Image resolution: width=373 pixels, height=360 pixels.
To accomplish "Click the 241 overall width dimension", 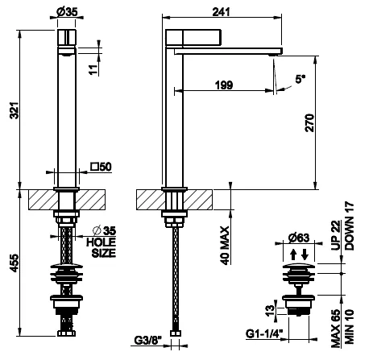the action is coord(222,12).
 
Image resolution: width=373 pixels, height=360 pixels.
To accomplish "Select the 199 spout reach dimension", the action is coord(224,85).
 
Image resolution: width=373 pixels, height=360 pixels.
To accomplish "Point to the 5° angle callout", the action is coord(300,79).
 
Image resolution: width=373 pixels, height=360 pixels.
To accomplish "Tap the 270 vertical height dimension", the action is coord(309,122).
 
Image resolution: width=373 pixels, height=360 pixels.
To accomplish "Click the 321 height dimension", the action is coord(15,110).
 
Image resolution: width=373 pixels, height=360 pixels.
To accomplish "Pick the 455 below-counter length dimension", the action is coord(15,263).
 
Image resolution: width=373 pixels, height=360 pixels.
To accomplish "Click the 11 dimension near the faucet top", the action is coord(93,70).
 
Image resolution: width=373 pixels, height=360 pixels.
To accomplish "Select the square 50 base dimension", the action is coord(101,167).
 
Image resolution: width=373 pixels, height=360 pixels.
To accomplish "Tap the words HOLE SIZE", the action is coord(101,247).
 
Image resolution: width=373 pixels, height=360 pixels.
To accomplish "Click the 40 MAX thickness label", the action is coord(225,246).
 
